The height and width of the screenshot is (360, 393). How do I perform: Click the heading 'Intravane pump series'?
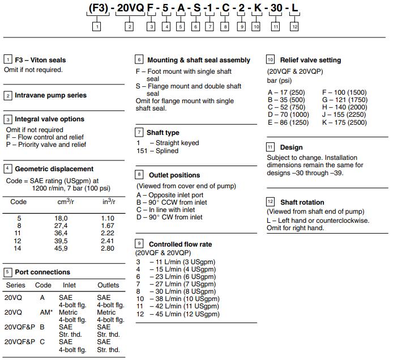point(50,95)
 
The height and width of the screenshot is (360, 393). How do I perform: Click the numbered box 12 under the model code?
point(294,27)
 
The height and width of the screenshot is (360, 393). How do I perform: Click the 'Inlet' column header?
point(69,285)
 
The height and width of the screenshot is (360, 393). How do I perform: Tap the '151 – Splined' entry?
point(158,151)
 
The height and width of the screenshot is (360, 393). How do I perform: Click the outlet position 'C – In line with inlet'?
point(169,210)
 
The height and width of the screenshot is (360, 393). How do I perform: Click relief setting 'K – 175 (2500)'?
point(344,122)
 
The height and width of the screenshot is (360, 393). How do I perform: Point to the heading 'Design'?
point(291,147)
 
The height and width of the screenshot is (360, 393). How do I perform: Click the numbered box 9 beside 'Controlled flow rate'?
point(140,244)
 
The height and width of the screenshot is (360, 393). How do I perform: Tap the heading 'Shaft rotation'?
point(302,202)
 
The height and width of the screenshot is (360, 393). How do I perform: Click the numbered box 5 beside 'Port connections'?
point(8,272)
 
